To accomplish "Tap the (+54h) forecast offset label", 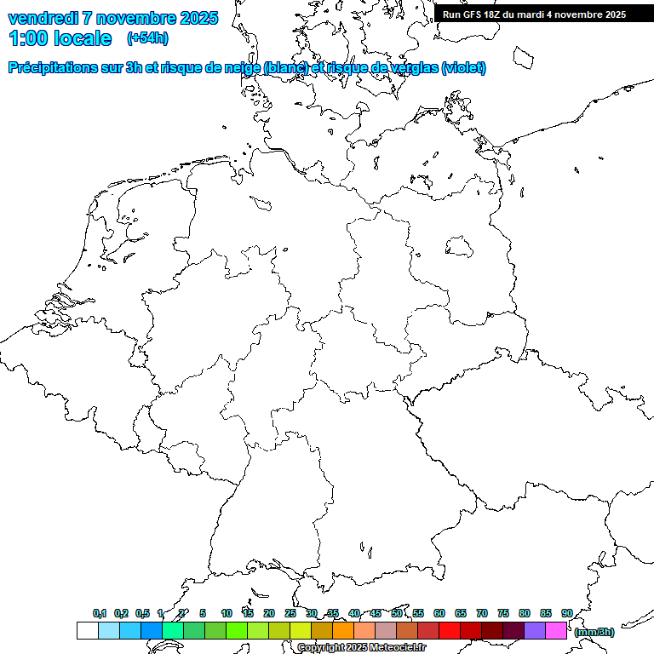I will click(x=147, y=38).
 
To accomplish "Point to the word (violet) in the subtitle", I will click(x=464, y=68).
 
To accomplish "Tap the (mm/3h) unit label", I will click(x=594, y=632).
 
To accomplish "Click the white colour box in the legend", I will click(x=87, y=631).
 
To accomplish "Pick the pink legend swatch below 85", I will click(x=555, y=631).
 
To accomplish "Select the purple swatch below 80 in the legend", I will click(x=534, y=631).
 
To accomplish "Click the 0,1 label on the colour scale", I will click(x=100, y=613).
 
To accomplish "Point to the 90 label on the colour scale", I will click(x=566, y=613).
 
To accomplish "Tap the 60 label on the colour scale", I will click(x=439, y=613).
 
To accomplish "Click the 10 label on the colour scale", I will click(x=227, y=613).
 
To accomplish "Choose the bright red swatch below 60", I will click(x=449, y=631).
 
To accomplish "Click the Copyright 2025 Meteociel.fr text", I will click(x=361, y=648).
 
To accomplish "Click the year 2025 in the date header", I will click(x=198, y=18).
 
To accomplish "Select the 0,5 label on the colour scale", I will click(x=142, y=613).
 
